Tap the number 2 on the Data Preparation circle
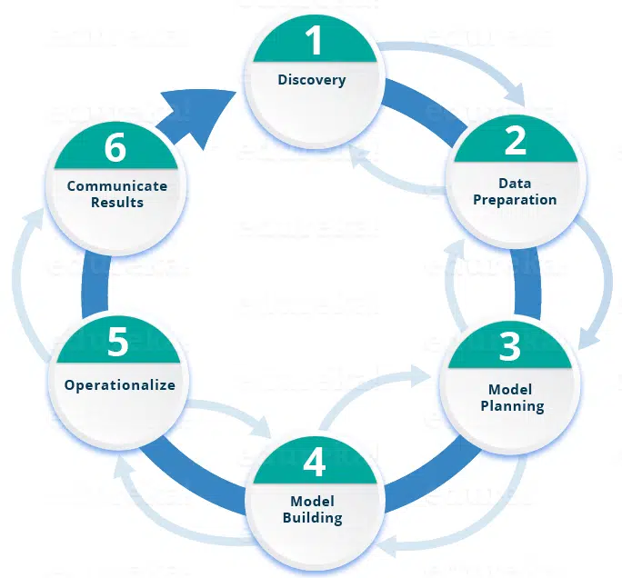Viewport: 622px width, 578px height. (515, 140)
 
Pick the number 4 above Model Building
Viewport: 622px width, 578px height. (314, 462)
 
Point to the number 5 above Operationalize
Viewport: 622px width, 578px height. (118, 343)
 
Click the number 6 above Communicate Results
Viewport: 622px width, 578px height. (115, 147)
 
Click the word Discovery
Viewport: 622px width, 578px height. (312, 80)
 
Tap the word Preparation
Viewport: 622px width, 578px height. (515, 199)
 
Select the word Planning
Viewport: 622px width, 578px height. (512, 405)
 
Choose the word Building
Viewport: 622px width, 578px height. (313, 518)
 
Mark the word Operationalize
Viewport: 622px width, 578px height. (119, 384)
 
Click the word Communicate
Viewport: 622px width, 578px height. (117, 185)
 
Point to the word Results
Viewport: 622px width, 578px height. (117, 202)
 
